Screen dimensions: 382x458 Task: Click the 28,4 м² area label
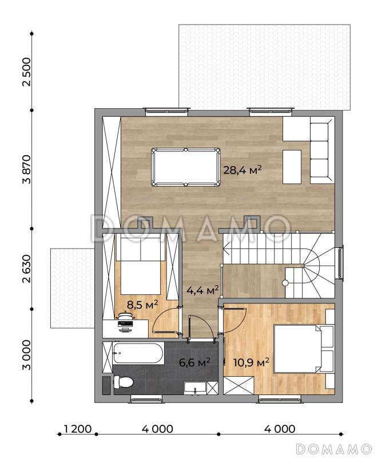click(x=242, y=169)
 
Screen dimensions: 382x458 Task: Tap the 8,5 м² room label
click(x=142, y=305)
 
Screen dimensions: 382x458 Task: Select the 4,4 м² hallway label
click(x=203, y=290)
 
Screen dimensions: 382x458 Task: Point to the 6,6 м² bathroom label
click(x=194, y=362)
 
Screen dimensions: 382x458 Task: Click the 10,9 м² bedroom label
click(x=251, y=363)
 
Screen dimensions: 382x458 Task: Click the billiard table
click(x=186, y=167)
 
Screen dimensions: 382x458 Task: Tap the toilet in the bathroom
click(x=123, y=381)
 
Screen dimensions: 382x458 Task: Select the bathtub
click(x=138, y=353)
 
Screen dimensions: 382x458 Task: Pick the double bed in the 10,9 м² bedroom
click(x=304, y=349)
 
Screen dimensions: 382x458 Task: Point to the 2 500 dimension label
click(x=26, y=72)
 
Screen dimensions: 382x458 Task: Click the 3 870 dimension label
click(x=26, y=169)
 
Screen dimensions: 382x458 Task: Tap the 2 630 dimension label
click(x=26, y=269)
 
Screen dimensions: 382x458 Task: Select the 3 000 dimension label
click(x=26, y=354)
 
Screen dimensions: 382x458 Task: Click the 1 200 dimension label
click(x=78, y=429)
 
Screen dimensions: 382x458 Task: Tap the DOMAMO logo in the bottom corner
click(x=333, y=448)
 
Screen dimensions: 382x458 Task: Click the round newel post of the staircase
click(x=285, y=282)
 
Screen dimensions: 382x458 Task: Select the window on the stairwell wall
click(x=341, y=262)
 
